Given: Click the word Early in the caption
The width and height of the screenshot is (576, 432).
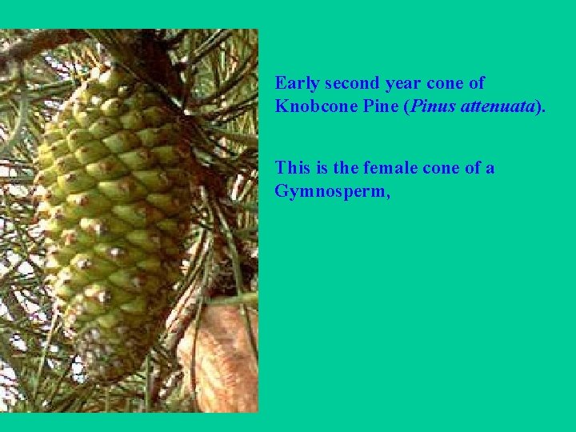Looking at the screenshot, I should click(297, 83).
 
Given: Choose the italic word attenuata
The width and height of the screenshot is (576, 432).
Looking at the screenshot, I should click(498, 106).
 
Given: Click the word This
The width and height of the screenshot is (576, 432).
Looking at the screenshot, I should click(294, 168).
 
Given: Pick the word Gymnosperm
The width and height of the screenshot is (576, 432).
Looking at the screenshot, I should click(329, 191).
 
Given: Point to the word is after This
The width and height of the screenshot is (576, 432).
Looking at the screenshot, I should click(326, 168).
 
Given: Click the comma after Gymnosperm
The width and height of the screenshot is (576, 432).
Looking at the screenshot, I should click(387, 196).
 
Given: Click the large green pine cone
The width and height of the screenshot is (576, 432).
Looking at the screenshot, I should click(112, 208).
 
